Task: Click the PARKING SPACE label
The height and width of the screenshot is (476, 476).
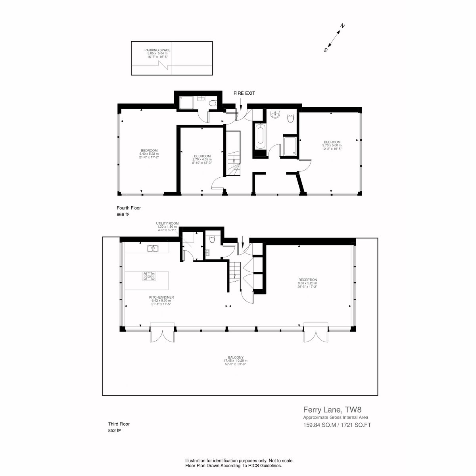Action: point(157,50)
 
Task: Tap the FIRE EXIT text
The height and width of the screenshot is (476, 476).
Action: point(244,93)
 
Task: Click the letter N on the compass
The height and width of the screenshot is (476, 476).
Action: point(342,26)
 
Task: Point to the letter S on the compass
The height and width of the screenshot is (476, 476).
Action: point(325,50)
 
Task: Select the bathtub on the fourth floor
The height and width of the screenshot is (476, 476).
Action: point(260,137)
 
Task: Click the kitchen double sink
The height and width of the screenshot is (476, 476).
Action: point(153,248)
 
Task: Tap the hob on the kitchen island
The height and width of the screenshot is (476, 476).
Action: point(149,276)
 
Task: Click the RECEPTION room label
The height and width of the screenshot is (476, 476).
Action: point(307,280)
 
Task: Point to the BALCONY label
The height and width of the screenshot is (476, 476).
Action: point(236,357)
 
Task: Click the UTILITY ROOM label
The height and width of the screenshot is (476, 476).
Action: point(167,223)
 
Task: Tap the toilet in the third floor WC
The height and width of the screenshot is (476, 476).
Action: point(212,240)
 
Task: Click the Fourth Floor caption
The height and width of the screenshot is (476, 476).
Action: point(129,208)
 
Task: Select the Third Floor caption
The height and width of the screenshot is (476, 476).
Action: point(119,424)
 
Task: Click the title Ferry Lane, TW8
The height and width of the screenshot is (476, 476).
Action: point(332,410)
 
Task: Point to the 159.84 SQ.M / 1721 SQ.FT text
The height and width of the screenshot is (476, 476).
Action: point(337,425)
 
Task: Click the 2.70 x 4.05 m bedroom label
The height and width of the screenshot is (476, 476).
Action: point(202,159)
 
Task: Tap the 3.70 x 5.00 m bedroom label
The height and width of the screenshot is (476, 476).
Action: point(332,145)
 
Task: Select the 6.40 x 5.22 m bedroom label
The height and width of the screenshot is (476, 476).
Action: point(149,154)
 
